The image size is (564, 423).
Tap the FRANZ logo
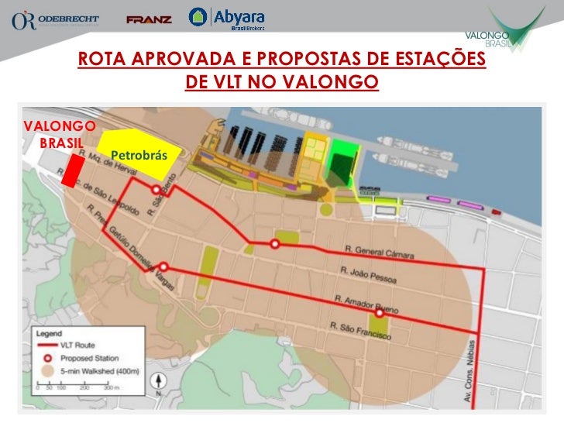click(149, 19)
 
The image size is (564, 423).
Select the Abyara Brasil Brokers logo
click(229, 19)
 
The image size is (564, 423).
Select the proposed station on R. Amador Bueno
click(379, 314)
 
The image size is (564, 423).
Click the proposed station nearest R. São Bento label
click(156, 190)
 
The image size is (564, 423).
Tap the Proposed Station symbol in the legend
click(47, 358)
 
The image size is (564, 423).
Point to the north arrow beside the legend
click(158, 383)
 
